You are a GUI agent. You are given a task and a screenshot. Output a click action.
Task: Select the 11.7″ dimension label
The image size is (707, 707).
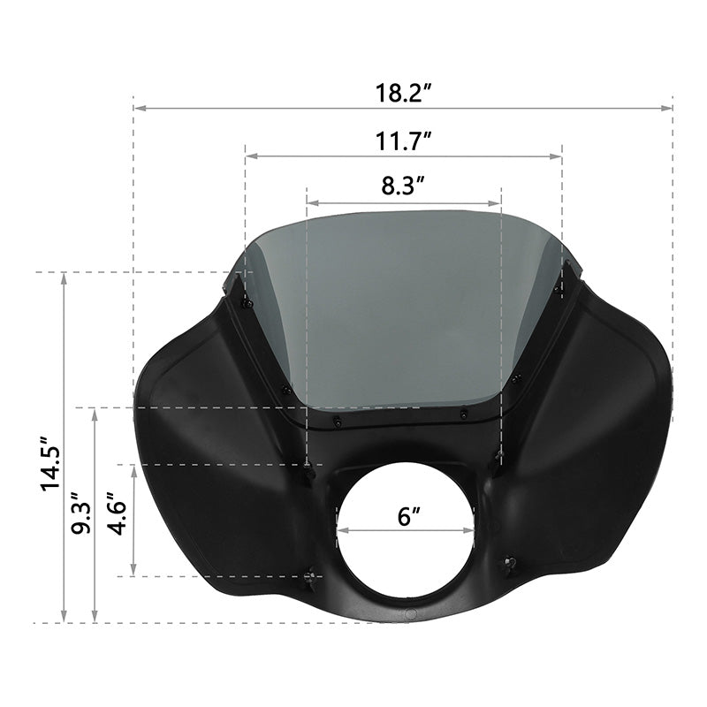(x=403, y=141)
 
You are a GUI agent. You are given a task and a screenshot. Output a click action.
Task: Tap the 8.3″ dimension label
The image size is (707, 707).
(x=404, y=186)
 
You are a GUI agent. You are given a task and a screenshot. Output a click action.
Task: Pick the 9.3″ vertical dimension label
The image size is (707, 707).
(x=81, y=513)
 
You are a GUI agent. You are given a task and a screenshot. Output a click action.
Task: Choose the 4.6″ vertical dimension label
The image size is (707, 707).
(x=116, y=521)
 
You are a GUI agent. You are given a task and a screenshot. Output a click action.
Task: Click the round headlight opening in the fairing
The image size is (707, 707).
(x=406, y=530)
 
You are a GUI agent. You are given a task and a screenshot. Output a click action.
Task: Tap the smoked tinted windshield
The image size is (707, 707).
(x=402, y=309)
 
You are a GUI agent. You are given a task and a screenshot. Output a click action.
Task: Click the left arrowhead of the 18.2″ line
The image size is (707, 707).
(x=136, y=109)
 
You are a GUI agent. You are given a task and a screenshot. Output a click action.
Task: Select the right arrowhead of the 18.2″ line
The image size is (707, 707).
(x=670, y=109)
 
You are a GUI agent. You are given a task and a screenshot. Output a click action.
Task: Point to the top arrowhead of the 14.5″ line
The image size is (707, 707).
(x=64, y=276)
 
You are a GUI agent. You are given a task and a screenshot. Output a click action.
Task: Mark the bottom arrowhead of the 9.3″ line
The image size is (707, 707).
(x=95, y=619)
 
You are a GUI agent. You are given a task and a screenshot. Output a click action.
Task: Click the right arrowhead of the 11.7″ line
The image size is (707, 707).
(x=559, y=156)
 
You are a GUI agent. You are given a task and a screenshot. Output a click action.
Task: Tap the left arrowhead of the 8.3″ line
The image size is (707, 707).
(x=308, y=202)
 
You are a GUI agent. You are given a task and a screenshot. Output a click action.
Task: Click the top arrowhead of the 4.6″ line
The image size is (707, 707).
(x=133, y=468)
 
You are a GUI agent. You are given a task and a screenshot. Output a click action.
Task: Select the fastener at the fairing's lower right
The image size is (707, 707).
(x=508, y=564)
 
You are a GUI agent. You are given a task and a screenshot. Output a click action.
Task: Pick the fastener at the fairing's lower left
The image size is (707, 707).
(x=311, y=579)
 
